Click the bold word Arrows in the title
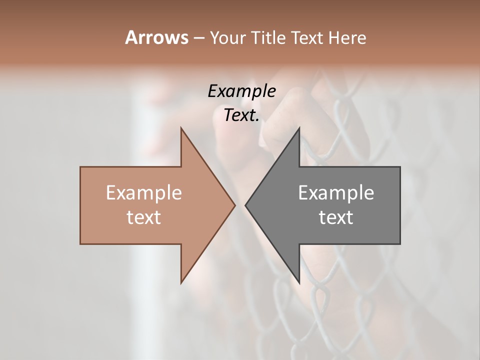[x=156, y=37]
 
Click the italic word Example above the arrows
[x=241, y=91]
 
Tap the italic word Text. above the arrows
[x=241, y=115]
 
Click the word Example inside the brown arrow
[x=143, y=193]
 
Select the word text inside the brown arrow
[x=143, y=217]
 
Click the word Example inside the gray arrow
[x=336, y=193]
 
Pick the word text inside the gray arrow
[x=336, y=217]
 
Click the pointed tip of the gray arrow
[x=246, y=205]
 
